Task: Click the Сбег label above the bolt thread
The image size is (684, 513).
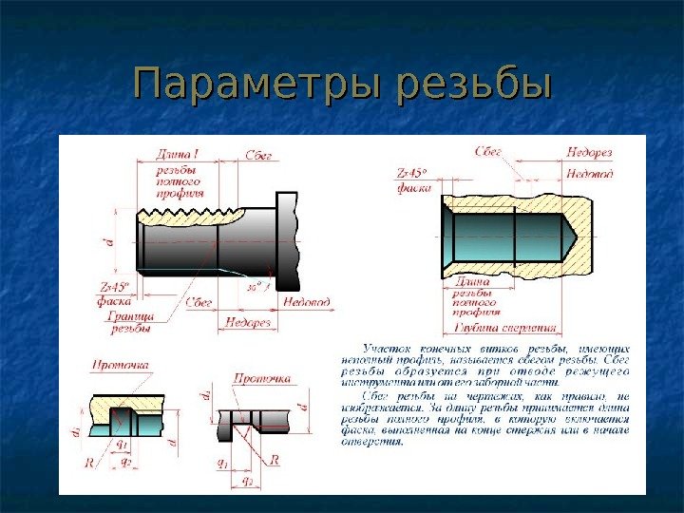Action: pos(258,153)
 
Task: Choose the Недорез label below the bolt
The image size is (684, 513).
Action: pos(249,323)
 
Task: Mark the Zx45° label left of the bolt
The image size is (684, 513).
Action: pos(114,286)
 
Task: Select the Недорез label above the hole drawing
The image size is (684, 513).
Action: pos(589,152)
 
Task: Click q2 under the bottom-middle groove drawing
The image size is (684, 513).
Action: pos(248,483)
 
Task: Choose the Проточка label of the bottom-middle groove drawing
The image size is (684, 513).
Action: pos(262,379)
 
